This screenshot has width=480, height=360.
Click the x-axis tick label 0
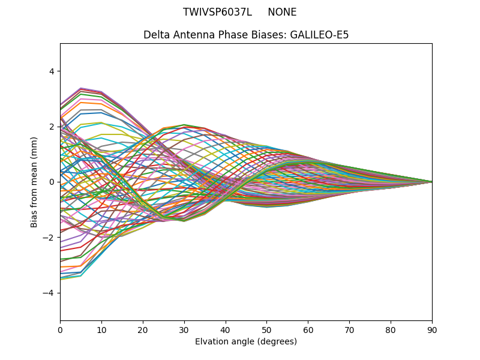click(x=60, y=329)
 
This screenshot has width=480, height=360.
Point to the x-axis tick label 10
click(x=101, y=329)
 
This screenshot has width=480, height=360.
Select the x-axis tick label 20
click(x=143, y=329)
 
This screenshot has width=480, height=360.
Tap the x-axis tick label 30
click(x=184, y=329)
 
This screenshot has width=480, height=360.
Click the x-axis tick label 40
click(x=226, y=329)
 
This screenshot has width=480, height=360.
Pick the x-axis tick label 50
click(x=266, y=329)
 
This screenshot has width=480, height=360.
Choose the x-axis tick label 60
click(x=308, y=329)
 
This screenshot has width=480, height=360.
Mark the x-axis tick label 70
click(x=349, y=329)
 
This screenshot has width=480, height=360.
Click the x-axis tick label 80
click(x=391, y=329)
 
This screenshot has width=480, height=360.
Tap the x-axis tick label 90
click(x=432, y=329)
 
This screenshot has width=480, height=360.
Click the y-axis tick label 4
click(x=51, y=71)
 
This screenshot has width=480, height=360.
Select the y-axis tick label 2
click(x=51, y=127)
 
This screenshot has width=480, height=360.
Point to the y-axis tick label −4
click(x=49, y=293)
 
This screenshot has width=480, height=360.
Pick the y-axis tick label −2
click(x=49, y=238)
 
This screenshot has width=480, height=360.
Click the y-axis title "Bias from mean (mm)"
click(x=34, y=182)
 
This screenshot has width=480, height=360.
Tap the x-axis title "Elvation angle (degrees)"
click(x=246, y=341)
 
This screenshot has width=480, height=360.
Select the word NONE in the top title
click(x=282, y=12)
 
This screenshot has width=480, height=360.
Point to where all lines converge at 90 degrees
click(x=431, y=182)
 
